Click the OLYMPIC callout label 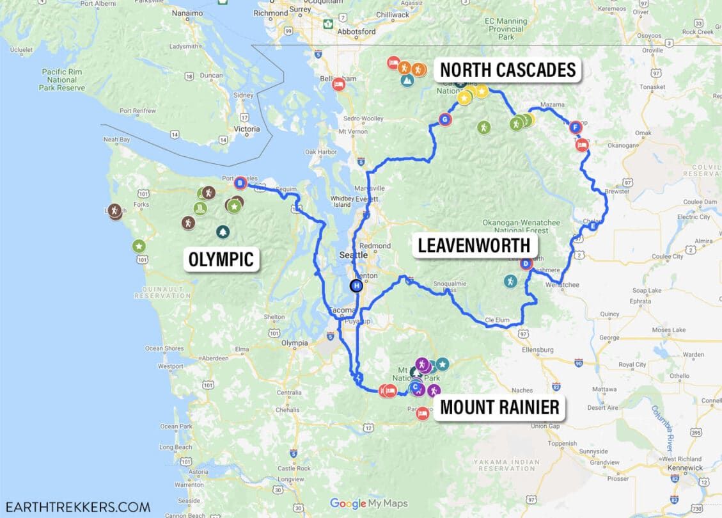221,259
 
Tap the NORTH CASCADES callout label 508,70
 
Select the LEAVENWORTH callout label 475,245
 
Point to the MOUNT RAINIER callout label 499,407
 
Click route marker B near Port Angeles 240,184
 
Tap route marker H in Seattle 356,286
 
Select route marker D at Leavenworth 526,263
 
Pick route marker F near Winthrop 575,127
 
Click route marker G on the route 445,118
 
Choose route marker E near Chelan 594,227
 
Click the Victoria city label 247,129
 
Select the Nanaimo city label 188,13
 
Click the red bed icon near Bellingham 338,85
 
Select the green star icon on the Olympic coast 139,246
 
